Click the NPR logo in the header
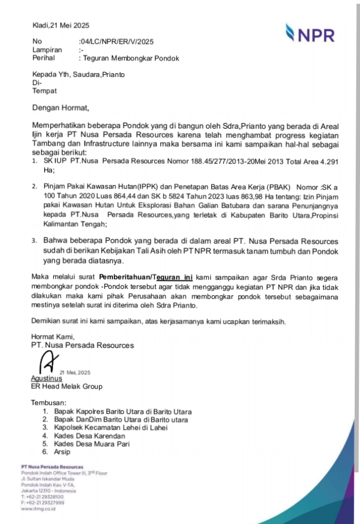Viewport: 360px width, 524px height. coord(310,33)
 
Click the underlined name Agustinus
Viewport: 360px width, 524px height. coord(46,378)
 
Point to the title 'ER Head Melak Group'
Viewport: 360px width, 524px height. coord(66,386)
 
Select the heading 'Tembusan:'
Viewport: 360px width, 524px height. coord(48,403)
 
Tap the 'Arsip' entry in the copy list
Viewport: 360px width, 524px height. coord(62,452)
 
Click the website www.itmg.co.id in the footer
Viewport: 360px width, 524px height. coord(38,509)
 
